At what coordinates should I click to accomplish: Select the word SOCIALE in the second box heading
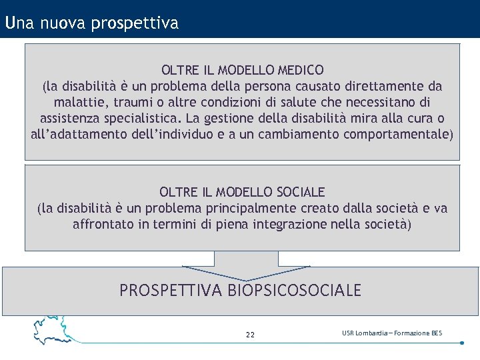tap(299, 192)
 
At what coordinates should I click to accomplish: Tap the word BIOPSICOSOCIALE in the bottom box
tap(294, 291)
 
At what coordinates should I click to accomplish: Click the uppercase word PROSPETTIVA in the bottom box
tap(171, 291)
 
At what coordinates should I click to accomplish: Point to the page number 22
tap(250, 335)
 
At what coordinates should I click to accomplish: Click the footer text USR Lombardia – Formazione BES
tap(391, 333)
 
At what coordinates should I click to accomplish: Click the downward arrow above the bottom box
tap(246, 265)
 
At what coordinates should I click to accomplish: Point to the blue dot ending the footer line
tap(462, 343)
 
